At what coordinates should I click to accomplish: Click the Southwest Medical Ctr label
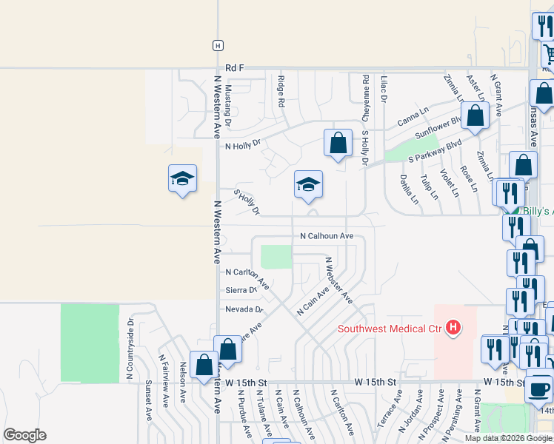click(x=389, y=329)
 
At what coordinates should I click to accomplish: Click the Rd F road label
click(x=235, y=67)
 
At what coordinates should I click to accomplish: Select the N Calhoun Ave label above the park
click(x=327, y=236)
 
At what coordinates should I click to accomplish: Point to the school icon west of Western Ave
click(x=182, y=179)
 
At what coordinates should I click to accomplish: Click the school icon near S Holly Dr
click(x=308, y=185)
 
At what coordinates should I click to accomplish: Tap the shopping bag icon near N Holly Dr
click(x=338, y=144)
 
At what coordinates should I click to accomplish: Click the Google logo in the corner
click(x=24, y=435)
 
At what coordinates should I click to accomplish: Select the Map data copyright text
click(x=509, y=438)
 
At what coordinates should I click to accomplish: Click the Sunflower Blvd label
click(x=438, y=125)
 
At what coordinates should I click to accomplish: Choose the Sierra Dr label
click(x=241, y=290)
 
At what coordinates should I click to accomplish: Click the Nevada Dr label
click(x=238, y=309)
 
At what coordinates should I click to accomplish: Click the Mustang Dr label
click(x=228, y=104)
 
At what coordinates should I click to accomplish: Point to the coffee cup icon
click(x=540, y=387)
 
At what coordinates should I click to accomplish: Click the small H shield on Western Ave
click(x=217, y=45)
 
